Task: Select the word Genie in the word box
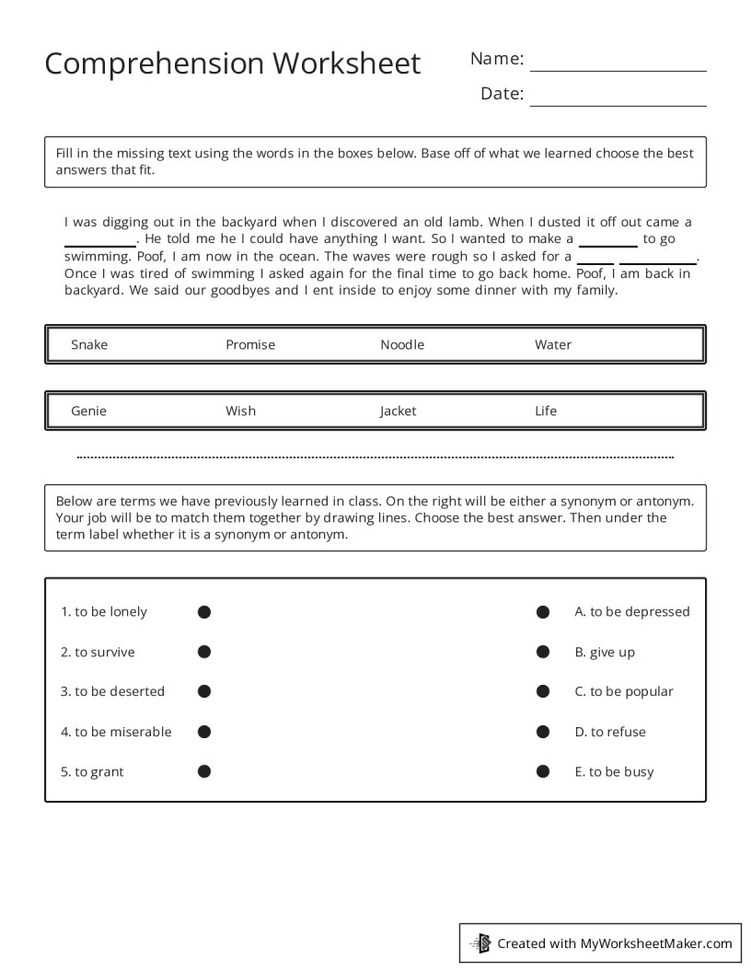pyautogui.click(x=88, y=411)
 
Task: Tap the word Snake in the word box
pyautogui.click(x=89, y=345)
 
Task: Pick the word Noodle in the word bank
pyautogui.click(x=402, y=345)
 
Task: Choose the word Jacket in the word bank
pyautogui.click(x=398, y=411)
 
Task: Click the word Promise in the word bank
pyautogui.click(x=250, y=345)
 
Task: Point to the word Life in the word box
pyautogui.click(x=546, y=411)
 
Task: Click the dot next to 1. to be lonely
pyautogui.click(x=204, y=612)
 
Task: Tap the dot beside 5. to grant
pyautogui.click(x=204, y=771)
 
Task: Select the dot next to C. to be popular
pyautogui.click(x=543, y=691)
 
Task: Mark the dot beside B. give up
pyautogui.click(x=543, y=652)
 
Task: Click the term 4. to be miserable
pyautogui.click(x=116, y=732)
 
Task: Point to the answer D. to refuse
pyautogui.click(x=610, y=732)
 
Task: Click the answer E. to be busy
pyautogui.click(x=614, y=771)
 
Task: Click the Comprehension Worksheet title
pyautogui.click(x=232, y=64)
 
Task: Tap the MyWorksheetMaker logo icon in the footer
pyautogui.click(x=480, y=943)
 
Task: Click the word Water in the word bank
pyautogui.click(x=553, y=345)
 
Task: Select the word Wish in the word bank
pyautogui.click(x=240, y=411)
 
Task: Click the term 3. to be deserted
pyautogui.click(x=112, y=691)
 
